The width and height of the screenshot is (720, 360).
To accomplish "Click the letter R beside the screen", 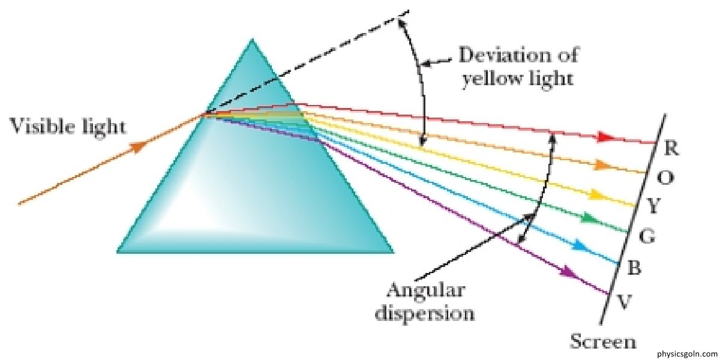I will [672, 150].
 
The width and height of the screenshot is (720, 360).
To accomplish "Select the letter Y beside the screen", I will [653, 208].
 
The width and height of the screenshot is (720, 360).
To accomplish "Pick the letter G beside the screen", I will [646, 238].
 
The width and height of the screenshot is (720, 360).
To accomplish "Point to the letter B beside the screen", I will [633, 269].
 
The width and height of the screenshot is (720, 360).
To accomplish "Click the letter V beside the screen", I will [624, 302].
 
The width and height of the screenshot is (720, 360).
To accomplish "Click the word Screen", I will [602, 343].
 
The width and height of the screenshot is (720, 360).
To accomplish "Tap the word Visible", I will [36, 127].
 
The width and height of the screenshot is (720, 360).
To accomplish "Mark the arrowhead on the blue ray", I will [579, 245].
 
